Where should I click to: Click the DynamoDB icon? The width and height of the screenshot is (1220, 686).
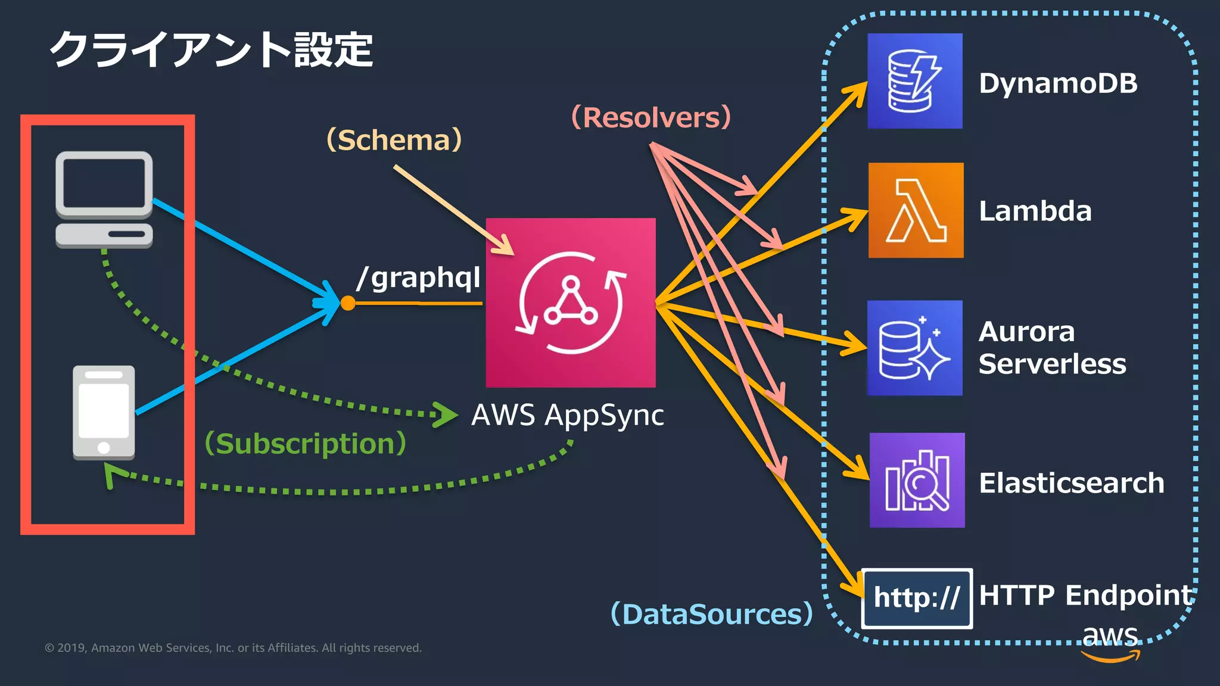point(915,81)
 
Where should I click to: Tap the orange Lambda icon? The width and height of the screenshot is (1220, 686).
point(916,210)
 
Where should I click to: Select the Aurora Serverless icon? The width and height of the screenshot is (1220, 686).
point(915,348)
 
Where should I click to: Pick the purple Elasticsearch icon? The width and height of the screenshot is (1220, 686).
point(917,480)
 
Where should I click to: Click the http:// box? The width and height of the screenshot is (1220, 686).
point(917,598)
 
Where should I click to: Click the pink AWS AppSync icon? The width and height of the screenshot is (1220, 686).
point(571,303)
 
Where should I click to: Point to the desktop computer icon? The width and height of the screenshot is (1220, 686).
point(104,199)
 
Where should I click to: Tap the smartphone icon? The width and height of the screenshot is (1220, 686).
point(104,412)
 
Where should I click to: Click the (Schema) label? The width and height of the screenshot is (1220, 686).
point(394,141)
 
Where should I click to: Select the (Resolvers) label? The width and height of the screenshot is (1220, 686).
point(651,117)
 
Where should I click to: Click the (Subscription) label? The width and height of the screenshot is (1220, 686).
point(305,444)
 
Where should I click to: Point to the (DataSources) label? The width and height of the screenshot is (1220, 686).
point(712,614)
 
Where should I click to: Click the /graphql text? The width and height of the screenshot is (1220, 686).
point(419,277)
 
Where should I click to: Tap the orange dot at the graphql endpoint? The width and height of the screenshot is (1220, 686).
point(348,303)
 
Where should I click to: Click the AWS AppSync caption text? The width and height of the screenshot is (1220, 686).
point(567,415)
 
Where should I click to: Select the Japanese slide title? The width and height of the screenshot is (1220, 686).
point(211,49)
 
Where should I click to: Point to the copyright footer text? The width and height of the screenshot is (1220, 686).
point(233,648)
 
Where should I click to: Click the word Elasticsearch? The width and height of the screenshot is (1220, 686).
point(1071,483)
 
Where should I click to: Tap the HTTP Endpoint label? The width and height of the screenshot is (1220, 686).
point(1085,595)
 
